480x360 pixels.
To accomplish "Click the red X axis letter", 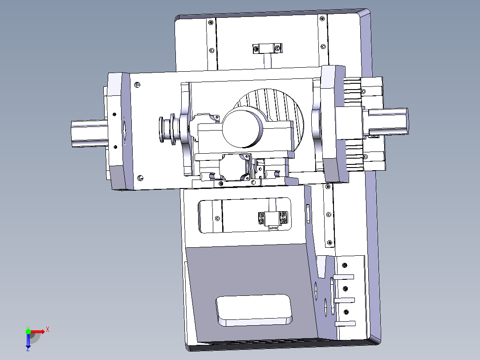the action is (48, 330).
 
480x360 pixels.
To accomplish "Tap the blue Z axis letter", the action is (28, 349).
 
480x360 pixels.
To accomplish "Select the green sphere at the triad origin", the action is (28, 331).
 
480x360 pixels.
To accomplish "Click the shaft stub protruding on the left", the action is (89, 133).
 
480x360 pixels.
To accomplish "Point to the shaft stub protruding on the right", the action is (387, 122).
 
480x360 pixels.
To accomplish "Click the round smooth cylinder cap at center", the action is (242, 129).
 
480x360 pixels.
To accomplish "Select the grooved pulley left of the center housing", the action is (167, 129).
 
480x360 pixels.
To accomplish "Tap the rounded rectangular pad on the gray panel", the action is (254, 310).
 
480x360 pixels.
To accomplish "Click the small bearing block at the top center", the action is (267, 49).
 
